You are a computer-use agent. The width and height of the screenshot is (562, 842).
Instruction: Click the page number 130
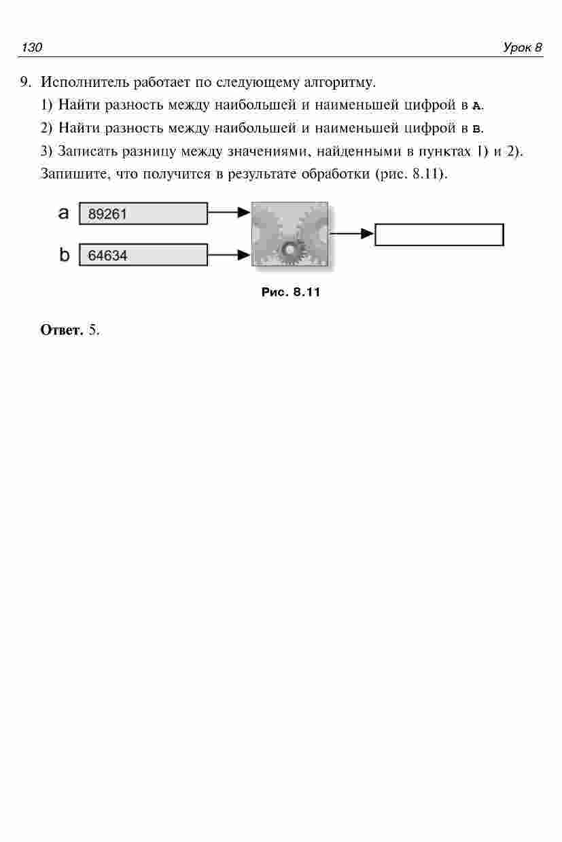(32, 48)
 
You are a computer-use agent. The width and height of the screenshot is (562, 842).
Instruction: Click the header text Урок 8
(522, 48)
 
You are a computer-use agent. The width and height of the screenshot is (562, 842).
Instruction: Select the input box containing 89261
(143, 213)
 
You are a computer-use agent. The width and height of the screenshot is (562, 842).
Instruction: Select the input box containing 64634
(143, 256)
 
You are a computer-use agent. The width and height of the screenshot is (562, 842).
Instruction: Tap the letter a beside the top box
(64, 213)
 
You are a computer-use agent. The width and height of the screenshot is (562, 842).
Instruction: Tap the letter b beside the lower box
(65, 255)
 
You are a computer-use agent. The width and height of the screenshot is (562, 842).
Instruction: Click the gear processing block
(289, 234)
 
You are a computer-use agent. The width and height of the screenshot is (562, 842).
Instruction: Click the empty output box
(439, 234)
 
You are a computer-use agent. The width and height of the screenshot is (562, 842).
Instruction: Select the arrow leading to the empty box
(351, 234)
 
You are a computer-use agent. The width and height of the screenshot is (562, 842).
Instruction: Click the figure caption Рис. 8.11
(290, 293)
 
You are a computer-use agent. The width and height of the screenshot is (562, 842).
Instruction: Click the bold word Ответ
(62, 331)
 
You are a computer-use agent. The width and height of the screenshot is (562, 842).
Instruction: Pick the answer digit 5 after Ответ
(93, 331)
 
